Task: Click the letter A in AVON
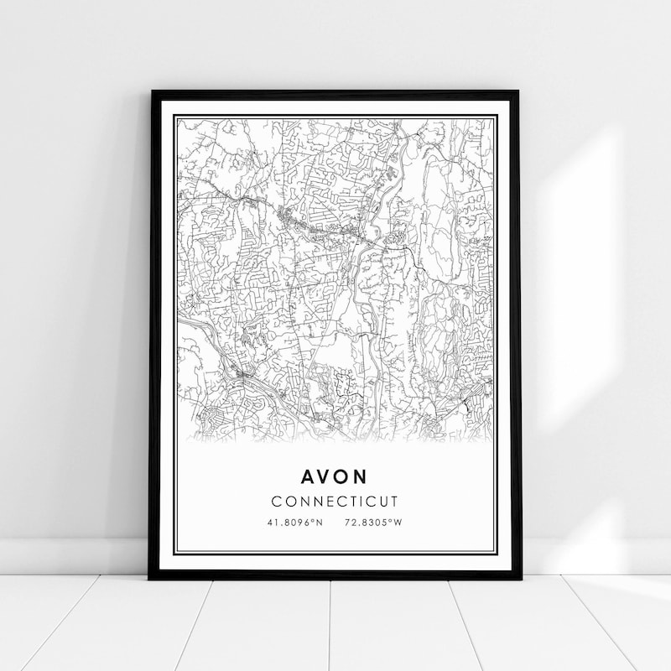click(308, 476)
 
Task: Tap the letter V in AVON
click(325, 476)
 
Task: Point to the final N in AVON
click(362, 476)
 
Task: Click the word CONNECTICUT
click(335, 502)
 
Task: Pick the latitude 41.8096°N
click(294, 523)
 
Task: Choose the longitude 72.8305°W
click(373, 523)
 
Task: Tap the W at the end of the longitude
click(399, 523)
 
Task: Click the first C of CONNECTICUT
click(277, 502)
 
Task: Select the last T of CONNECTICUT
click(394, 502)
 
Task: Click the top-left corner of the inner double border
click(174, 115)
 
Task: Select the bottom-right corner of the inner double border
click(497, 554)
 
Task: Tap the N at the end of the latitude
click(320, 523)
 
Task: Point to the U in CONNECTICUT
click(382, 502)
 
